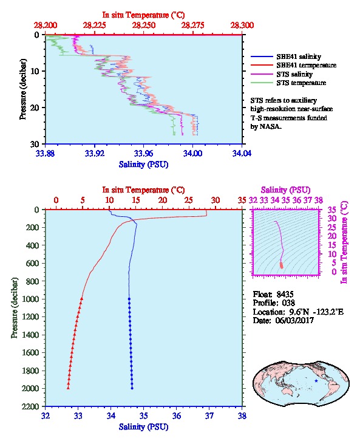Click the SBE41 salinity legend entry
[x=286, y=56]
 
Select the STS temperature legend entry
[x=288, y=83]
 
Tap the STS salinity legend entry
[x=282, y=74]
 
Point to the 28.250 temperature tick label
[x=144, y=26]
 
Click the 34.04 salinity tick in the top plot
[x=242, y=154]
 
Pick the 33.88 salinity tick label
[x=46, y=154]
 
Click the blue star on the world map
[x=316, y=381]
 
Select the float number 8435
[x=285, y=294]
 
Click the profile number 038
[x=288, y=303]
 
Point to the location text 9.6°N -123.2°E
[x=316, y=312]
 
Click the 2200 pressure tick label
[x=30, y=406]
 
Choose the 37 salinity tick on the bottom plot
[x=209, y=415]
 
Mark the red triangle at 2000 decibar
[x=68, y=388]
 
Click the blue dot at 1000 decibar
[x=129, y=299]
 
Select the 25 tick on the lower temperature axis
[x=189, y=200]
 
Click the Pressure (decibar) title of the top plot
[x=23, y=89]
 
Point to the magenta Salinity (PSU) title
[x=285, y=190]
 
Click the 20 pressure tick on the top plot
[x=35, y=108]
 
